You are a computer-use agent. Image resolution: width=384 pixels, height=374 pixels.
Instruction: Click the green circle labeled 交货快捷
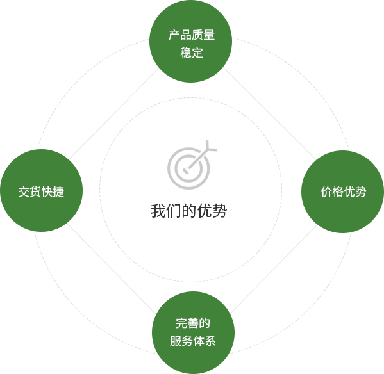[42, 191]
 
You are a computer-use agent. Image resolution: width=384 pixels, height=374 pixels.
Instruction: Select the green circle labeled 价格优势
[342, 191]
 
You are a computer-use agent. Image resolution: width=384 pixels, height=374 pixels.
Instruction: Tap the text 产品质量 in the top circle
[192, 35]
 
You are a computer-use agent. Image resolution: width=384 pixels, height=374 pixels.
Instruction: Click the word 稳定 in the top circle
[192, 53]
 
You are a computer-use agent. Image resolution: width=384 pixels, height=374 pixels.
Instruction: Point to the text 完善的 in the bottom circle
[193, 323]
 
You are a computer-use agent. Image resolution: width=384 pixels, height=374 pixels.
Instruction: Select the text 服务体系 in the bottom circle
[193, 341]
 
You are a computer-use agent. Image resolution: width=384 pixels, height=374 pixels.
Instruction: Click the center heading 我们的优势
[189, 211]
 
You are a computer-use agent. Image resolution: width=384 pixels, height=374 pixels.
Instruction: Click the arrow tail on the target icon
[210, 147]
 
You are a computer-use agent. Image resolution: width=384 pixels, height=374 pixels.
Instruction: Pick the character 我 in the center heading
[158, 211]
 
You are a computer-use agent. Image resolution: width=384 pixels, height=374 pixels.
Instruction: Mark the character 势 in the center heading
[220, 211]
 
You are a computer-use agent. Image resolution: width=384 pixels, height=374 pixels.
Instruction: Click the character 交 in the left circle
[24, 191]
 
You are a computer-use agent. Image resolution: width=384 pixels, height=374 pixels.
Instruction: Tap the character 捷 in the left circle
[58, 191]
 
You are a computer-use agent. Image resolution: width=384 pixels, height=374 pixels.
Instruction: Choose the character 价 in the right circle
[326, 191]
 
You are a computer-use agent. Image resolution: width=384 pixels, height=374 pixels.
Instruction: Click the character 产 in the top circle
[174, 35]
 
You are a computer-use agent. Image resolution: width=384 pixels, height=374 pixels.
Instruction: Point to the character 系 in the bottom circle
[210, 341]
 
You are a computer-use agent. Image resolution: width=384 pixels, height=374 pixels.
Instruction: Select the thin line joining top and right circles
[270, 114]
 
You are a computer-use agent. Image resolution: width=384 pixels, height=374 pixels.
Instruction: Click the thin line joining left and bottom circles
[112, 268]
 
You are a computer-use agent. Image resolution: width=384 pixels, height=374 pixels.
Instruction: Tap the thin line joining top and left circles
[114, 114]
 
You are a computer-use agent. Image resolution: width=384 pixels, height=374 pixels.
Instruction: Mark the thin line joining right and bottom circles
[273, 270]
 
